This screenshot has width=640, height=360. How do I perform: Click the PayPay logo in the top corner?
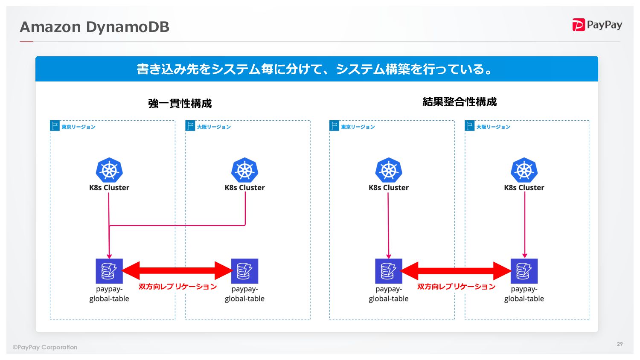coord(597,25)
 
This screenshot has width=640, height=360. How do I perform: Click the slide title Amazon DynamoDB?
coord(95,27)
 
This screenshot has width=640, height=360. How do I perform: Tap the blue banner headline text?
coord(316,69)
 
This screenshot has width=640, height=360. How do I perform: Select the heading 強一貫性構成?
coord(180,103)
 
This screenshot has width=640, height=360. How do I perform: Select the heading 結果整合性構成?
coord(460,102)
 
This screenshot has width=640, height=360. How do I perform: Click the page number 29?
coord(620,344)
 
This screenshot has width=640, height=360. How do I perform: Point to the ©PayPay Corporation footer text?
coord(45,347)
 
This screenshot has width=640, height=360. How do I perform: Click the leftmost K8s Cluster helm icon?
coord(109,170)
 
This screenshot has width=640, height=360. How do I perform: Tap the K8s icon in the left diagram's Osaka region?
coord(244,170)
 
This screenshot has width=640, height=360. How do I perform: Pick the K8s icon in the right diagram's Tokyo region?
coord(389,170)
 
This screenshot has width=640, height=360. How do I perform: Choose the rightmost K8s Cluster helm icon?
coord(524,170)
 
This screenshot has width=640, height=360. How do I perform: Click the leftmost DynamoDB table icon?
coord(109,271)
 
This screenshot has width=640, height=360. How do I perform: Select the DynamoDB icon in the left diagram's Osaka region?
coord(244,271)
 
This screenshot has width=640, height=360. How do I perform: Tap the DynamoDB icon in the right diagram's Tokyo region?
coord(389,271)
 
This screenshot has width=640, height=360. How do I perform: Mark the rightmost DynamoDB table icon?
coord(524,271)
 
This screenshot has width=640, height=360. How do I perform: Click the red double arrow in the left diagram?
coord(177,270)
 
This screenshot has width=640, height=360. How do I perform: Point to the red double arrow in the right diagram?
coord(456,270)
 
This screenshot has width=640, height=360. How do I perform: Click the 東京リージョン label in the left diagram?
coord(78,127)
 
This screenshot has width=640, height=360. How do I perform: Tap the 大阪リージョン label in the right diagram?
coord(493,127)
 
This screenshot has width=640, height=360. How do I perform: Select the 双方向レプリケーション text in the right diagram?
coord(456,287)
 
